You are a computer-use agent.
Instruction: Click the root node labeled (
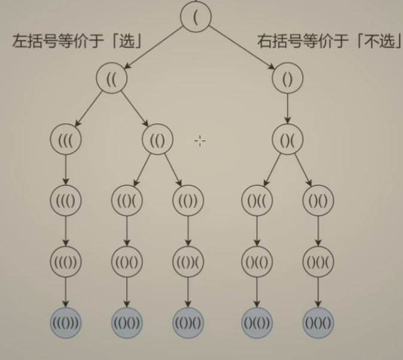(196, 16)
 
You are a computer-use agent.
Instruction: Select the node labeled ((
(111, 80)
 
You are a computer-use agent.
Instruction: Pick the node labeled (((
(65, 140)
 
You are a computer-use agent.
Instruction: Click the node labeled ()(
(288, 140)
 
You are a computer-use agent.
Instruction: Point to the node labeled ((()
(65, 201)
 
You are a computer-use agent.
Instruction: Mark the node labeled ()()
(318, 201)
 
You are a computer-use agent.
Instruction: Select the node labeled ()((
(257, 201)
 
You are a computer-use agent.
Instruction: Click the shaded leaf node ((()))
(65, 324)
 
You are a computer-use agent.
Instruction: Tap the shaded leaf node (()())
(127, 324)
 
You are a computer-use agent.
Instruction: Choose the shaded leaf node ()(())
(257, 324)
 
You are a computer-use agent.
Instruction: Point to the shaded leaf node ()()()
(318, 324)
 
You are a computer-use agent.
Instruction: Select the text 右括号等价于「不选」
(328, 42)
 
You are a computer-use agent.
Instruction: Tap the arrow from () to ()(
(288, 109)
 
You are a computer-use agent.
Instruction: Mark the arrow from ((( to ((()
(65, 170)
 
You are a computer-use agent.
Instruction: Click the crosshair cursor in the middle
(200, 141)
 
